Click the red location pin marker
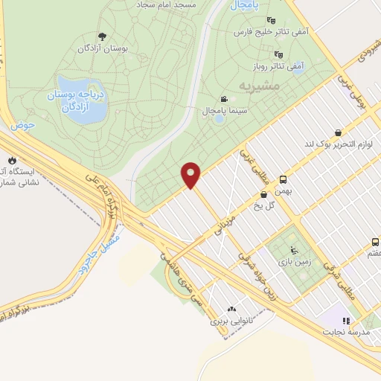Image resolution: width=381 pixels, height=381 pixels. coord(192,175)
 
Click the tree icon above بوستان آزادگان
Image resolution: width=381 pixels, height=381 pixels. coord(102,36)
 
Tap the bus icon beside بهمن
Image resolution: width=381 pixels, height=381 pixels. coord(283,179)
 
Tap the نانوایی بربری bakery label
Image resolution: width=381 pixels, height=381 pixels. coord(231,322)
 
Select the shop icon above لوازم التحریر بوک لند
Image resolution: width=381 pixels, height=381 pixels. coord(339,133)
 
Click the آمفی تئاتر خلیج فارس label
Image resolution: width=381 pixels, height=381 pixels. coord(270,33)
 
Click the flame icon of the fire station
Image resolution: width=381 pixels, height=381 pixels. coord(13,160)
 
